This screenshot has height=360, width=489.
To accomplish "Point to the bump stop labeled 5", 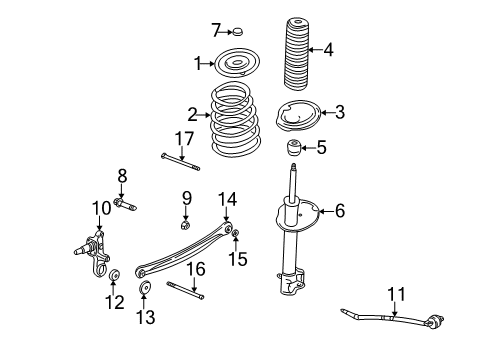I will point(297,149).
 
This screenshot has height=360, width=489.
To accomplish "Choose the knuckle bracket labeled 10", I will point(95,258).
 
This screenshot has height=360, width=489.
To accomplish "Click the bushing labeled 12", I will point(115,275).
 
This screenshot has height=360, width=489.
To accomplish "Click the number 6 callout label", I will point(339,211).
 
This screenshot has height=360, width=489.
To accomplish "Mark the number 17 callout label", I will point(183,137).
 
